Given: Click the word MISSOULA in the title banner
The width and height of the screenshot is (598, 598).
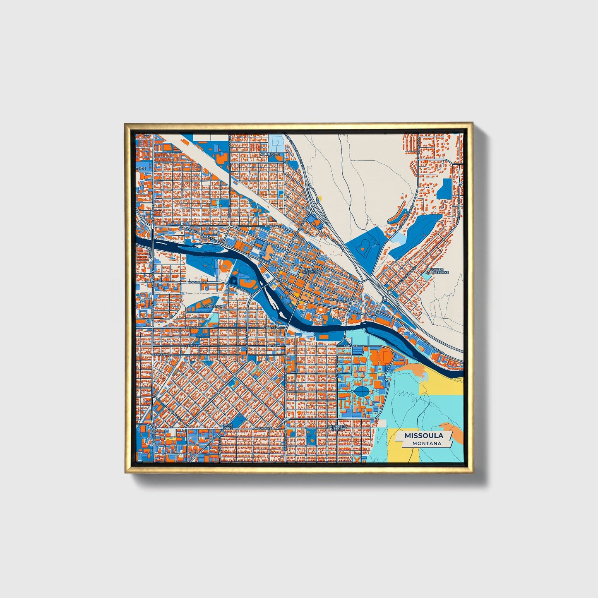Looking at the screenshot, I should click(424, 436).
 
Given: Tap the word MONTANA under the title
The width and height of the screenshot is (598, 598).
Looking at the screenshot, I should click(426, 444).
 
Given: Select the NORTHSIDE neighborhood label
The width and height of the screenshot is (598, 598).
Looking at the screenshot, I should click(269, 154).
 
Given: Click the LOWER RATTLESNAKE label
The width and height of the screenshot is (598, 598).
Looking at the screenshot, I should click(437, 271).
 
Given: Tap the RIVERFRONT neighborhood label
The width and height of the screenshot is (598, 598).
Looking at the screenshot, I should click(214, 306).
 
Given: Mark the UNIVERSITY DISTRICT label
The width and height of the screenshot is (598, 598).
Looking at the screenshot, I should click(336, 427).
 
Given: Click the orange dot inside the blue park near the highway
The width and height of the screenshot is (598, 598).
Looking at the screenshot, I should click(363, 250).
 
